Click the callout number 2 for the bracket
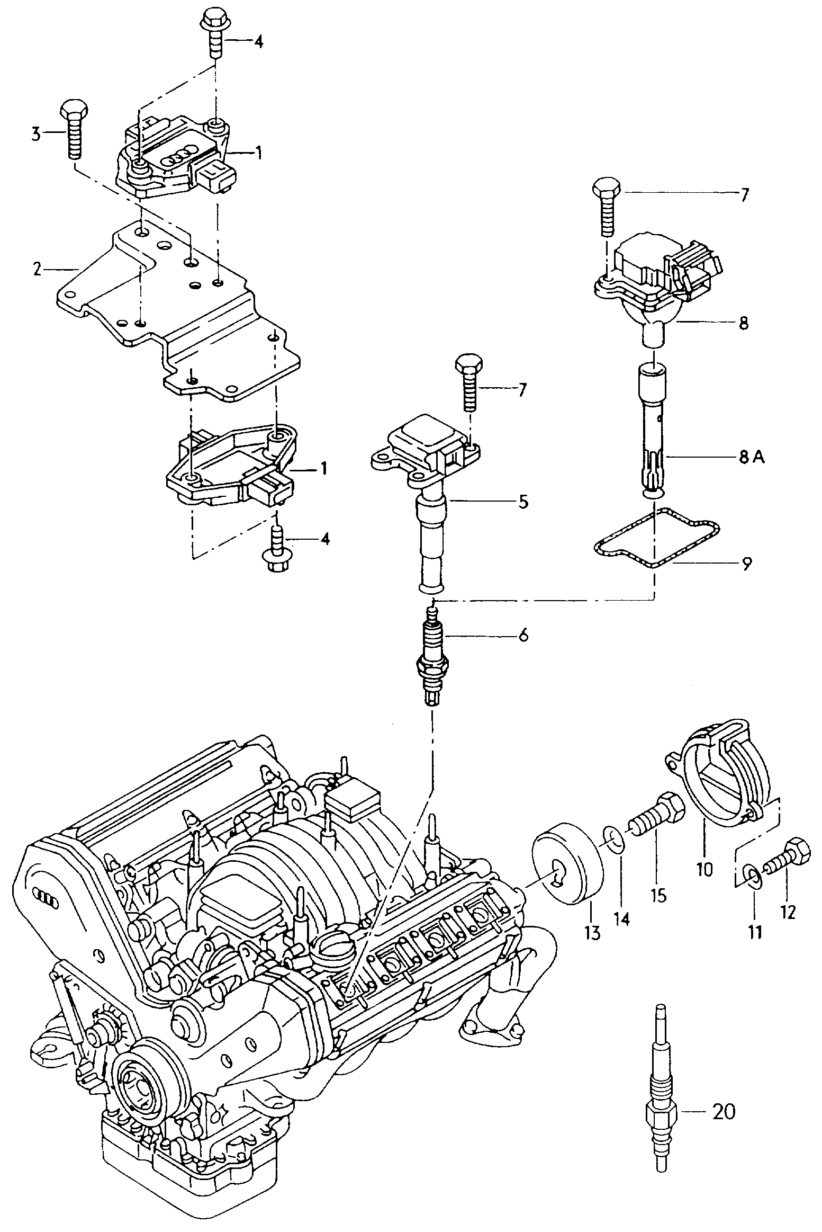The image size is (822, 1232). pos(37,270)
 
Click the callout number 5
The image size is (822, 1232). pos(522,501)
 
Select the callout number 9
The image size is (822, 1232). pos(746,564)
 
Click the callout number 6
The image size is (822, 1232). pos(523,635)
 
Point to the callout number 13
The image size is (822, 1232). pos(593,933)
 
